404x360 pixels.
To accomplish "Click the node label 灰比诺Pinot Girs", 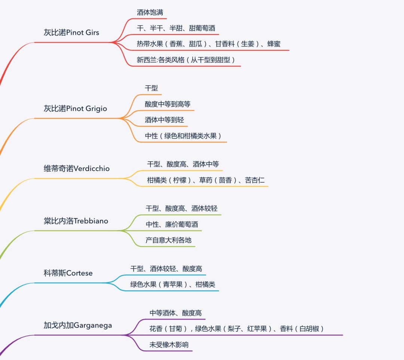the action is (x=71, y=33).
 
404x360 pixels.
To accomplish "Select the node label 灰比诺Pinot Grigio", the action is (x=75, y=109).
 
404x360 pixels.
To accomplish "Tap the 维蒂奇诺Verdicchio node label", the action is (x=77, y=168).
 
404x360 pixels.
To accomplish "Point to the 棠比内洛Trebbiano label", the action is (x=76, y=221).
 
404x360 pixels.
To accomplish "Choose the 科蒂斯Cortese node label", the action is (x=68, y=273).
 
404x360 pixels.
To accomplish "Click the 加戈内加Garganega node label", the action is (x=78, y=325).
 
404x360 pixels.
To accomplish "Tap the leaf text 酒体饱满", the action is (x=150, y=13).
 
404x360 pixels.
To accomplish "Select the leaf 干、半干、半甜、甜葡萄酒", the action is (x=176, y=28).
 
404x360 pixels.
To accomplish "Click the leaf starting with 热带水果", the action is (x=208, y=44).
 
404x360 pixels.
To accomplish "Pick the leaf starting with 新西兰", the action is (x=186, y=60).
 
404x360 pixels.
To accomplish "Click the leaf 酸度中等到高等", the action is (x=168, y=104).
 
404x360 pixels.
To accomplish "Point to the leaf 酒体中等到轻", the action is (x=165, y=120).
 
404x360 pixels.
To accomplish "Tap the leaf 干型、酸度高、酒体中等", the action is (x=183, y=164).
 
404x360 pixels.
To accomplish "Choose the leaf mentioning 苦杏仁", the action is (x=206, y=180).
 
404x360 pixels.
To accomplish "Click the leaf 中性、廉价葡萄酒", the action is (x=172, y=225).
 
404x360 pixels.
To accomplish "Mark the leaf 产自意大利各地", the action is (x=168, y=240).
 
